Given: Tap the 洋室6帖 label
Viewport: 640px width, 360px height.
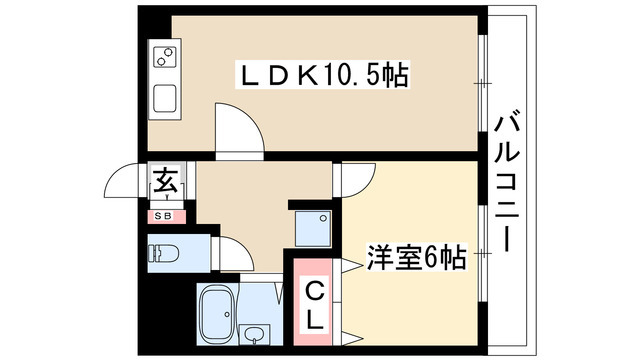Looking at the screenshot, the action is pyautogui.click(x=417, y=257).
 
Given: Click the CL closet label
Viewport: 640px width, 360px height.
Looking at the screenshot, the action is pyautogui.click(x=314, y=305).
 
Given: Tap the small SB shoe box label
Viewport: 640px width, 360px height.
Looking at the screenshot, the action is pyautogui.click(x=162, y=214).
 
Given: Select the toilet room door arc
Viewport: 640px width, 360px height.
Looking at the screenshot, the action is pyautogui.click(x=234, y=252).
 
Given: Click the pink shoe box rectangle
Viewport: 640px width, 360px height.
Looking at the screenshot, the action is pyautogui.click(x=162, y=214).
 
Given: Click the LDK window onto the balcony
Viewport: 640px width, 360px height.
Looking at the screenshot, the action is pyautogui.click(x=481, y=80).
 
